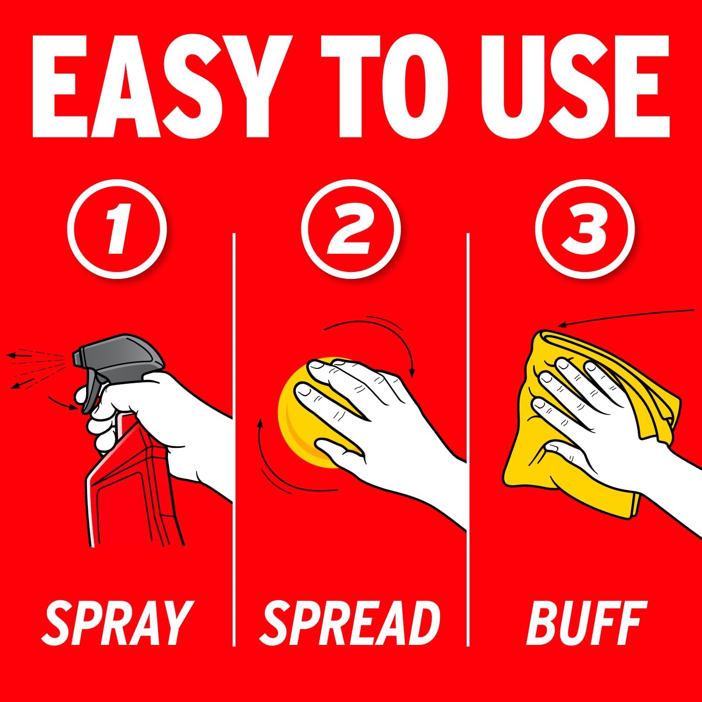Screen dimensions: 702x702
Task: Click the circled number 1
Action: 117,229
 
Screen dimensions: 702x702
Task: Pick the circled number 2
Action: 351,229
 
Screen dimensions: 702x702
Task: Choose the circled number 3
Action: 585,229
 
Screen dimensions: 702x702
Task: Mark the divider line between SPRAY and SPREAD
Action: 234,440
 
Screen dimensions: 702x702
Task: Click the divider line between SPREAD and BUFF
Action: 468,440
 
